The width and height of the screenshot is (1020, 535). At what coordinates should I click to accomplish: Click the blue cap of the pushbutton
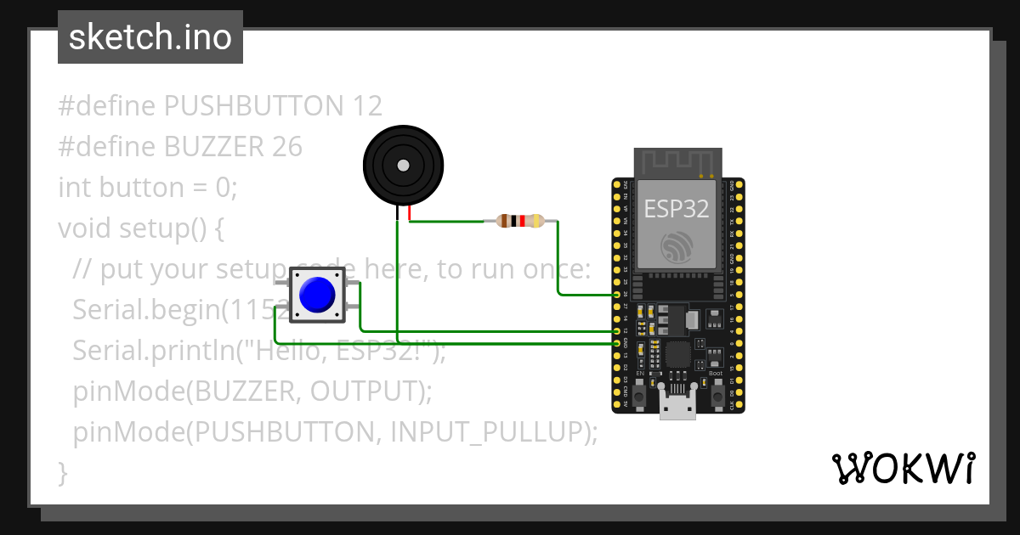[318, 295]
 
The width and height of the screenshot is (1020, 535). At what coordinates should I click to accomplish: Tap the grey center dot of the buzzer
[404, 165]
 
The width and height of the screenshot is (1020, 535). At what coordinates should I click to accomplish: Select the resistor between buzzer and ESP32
[519, 222]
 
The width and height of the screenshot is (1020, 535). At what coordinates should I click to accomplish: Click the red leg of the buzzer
[410, 214]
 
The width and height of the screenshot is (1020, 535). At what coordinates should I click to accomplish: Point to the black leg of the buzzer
[397, 215]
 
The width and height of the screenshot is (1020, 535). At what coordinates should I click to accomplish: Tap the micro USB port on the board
[677, 407]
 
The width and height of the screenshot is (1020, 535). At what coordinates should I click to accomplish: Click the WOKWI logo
[903, 469]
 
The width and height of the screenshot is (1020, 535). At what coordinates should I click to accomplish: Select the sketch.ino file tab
[150, 37]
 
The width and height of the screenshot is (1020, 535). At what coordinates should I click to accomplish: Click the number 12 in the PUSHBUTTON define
[365, 106]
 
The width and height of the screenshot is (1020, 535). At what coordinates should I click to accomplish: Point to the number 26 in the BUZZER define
[287, 147]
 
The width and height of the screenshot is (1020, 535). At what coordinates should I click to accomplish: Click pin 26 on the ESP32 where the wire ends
[617, 295]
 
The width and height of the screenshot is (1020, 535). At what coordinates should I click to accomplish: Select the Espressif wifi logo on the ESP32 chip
[677, 245]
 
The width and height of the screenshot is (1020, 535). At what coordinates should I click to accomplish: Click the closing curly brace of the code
[62, 472]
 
